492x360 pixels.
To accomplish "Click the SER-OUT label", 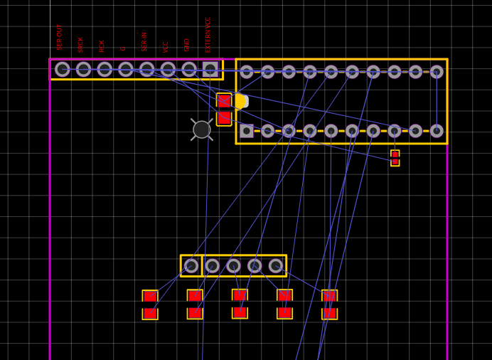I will tap(60, 37).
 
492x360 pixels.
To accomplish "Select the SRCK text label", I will tap(81, 44).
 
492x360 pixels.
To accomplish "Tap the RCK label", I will tap(102, 46).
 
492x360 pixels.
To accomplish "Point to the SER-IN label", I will tap(144, 41).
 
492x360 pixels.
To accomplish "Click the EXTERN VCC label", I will tap(208, 34).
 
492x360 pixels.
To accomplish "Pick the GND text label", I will tap(187, 44).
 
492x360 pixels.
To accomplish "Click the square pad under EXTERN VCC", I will tap(210, 69).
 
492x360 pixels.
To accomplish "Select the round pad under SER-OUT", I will tap(63, 69).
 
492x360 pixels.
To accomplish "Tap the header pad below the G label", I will tap(126, 69).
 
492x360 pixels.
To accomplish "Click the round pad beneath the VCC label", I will tap(168, 69).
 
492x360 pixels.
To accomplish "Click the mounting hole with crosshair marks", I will tap(202, 129).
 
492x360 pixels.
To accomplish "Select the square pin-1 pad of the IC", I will tap(247, 131).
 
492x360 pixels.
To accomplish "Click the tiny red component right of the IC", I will tap(395, 158).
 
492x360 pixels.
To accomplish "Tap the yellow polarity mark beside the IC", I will tap(240, 101).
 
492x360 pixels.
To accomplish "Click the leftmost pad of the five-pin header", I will tap(191, 266).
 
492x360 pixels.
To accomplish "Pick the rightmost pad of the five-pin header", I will tap(276, 266).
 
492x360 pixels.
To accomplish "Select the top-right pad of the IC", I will tap(437, 72).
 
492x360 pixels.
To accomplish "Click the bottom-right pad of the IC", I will tap(437, 131).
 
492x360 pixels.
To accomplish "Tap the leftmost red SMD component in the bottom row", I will tap(150, 305).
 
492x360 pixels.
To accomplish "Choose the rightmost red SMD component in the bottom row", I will tap(329, 304).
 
